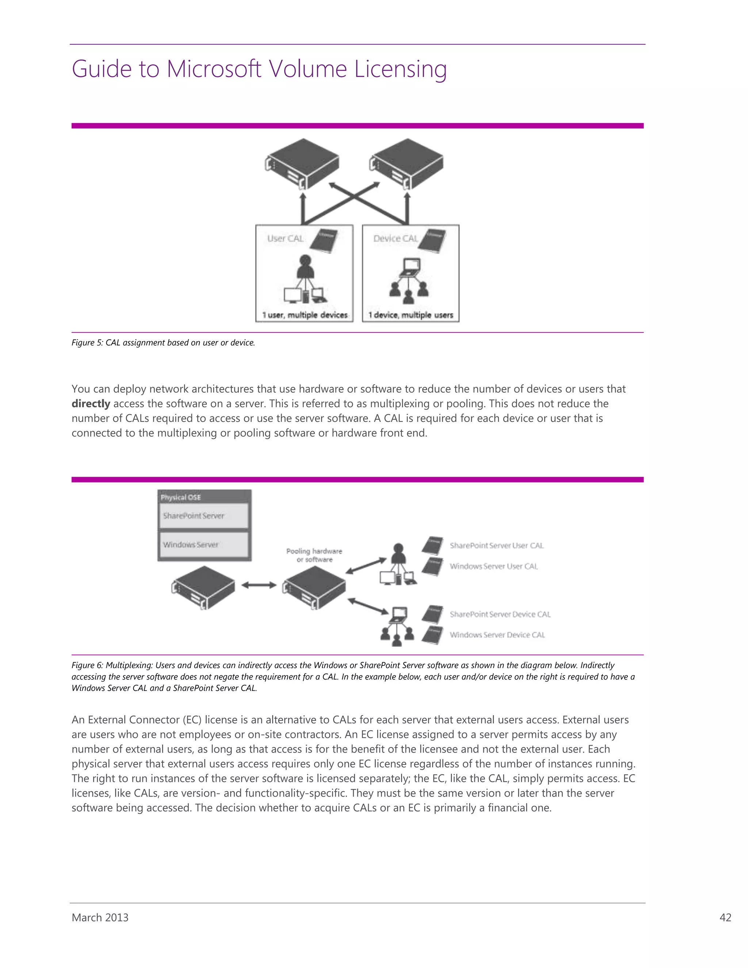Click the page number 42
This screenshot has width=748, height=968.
[x=725, y=918]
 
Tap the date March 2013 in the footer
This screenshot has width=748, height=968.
[x=100, y=918]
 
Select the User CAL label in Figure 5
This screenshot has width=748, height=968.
[x=285, y=239]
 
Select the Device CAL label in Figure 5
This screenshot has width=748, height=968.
[x=395, y=239]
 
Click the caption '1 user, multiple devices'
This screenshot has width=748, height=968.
[x=305, y=315]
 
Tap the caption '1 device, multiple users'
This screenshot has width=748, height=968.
[x=411, y=315]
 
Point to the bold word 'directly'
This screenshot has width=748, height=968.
[x=91, y=404]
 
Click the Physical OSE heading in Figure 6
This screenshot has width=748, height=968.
[x=181, y=497]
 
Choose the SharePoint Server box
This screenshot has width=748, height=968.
[x=204, y=516]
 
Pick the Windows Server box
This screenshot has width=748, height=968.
[x=204, y=545]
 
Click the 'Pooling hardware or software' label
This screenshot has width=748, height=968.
[x=314, y=555]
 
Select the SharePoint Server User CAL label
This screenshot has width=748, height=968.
[x=496, y=546]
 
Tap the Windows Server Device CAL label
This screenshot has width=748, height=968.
[x=497, y=635]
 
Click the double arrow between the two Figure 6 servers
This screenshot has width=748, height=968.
[x=259, y=586]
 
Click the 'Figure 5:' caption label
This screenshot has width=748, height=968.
[x=87, y=343]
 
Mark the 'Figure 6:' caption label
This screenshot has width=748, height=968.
[x=87, y=665]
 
